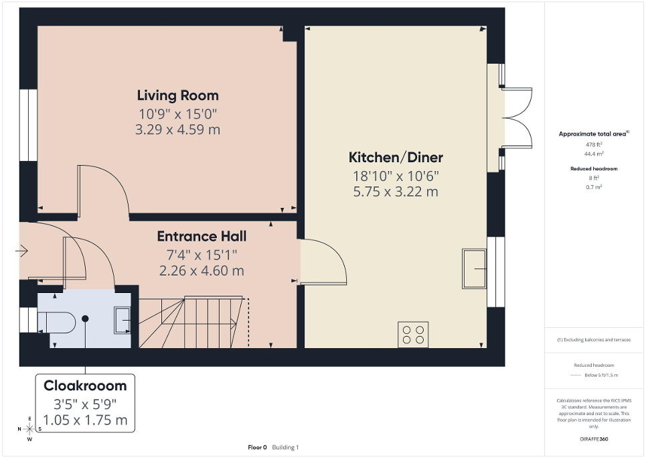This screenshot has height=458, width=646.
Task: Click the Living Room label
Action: (x=177, y=95)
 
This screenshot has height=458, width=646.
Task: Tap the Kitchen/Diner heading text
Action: (x=396, y=158)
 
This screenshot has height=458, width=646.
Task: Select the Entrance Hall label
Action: (x=201, y=236)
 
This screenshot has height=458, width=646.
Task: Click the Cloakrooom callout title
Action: (x=85, y=386)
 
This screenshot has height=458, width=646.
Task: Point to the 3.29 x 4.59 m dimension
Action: (x=177, y=129)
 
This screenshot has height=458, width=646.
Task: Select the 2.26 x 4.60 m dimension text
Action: (x=201, y=271)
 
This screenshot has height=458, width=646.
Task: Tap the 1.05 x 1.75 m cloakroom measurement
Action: (x=85, y=420)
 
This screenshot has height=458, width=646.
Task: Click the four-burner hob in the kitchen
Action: (x=413, y=334)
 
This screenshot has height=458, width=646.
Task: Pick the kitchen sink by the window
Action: (x=474, y=268)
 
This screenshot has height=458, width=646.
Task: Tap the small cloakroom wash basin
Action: (x=123, y=320)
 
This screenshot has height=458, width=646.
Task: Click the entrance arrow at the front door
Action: (x=21, y=251)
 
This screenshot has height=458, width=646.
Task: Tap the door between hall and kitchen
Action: (x=323, y=262)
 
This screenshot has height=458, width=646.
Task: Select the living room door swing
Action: (x=104, y=191)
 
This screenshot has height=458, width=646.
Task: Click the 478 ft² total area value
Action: (x=594, y=144)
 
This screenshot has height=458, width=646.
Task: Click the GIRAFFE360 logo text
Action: (x=594, y=439)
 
